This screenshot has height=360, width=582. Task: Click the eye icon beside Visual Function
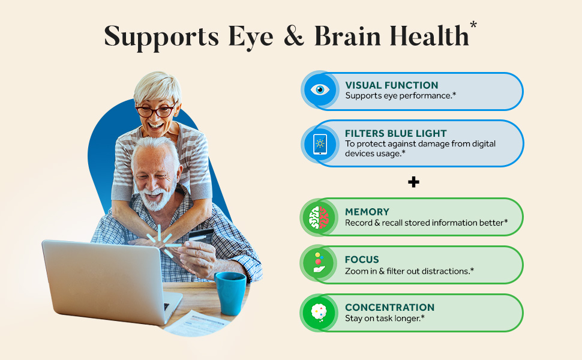point(320,89)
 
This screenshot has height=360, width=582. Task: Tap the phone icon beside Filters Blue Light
point(320,144)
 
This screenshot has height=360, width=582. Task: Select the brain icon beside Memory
point(319,217)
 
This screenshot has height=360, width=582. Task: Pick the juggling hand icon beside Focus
point(319,263)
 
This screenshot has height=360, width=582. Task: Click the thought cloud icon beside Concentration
point(319,313)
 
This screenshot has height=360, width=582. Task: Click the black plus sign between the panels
point(413,182)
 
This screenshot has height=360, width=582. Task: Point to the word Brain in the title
point(347,37)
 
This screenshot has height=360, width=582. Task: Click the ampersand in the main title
point(293,36)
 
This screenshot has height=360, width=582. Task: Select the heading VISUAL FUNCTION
point(392,85)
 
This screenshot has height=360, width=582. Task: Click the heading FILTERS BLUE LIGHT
point(395,133)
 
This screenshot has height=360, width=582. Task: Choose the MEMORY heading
point(367,212)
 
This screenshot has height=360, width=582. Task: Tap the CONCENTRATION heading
point(390,307)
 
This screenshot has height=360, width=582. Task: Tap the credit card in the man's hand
point(201,235)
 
